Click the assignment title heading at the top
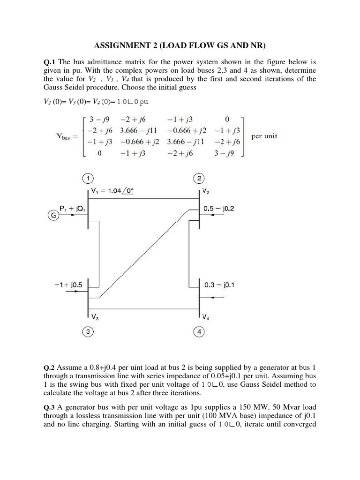[180, 45]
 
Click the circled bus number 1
[88, 178]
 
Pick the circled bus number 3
[88, 332]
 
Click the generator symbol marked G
[52, 216]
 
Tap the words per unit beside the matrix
[264, 137]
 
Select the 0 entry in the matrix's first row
[227, 119]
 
